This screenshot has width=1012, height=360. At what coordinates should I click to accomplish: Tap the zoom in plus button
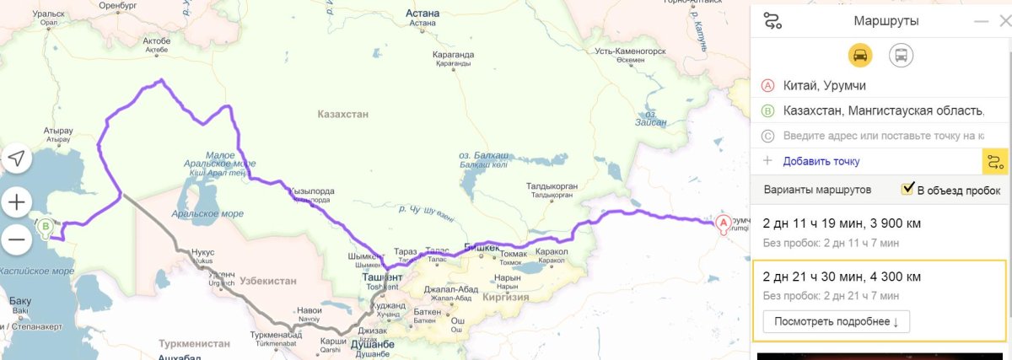(x=18, y=202)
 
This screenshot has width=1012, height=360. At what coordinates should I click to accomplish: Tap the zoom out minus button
(x=18, y=240)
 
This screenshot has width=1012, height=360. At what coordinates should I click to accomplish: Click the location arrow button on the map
(x=18, y=159)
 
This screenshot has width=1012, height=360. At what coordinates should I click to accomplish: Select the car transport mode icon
(x=860, y=56)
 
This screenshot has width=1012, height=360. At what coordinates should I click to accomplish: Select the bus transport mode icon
(x=901, y=56)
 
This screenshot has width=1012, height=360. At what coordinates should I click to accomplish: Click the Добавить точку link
(x=821, y=161)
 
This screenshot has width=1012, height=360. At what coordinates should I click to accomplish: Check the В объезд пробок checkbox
(x=908, y=189)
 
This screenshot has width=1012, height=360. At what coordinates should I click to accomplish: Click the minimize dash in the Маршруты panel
(x=980, y=21)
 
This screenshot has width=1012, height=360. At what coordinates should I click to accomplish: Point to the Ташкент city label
(x=381, y=277)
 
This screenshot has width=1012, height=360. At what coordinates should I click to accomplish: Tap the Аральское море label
(x=207, y=214)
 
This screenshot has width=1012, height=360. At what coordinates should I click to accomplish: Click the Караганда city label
(x=454, y=55)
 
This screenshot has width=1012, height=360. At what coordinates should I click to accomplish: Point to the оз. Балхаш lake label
(x=483, y=157)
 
